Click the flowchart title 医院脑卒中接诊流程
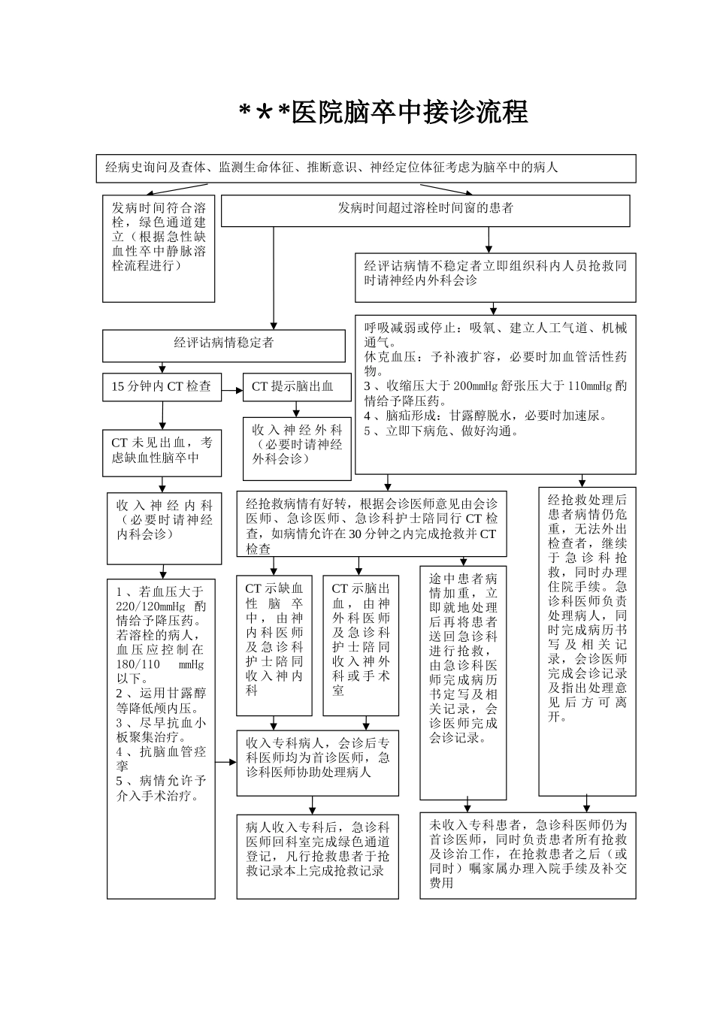tap(383, 113)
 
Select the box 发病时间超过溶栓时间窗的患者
tap(425, 210)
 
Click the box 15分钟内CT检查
tap(162, 387)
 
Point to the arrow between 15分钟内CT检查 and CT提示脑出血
tap(232, 389)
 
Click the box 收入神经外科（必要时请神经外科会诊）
tap(297, 448)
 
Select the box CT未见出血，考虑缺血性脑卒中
tap(162, 452)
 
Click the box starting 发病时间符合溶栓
tap(159, 247)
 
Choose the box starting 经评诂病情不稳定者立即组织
tap(495, 275)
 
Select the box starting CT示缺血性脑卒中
tap(274, 644)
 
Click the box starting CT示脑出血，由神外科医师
tap(361, 644)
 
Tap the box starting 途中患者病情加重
tap(463, 681)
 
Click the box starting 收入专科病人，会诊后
tap(317, 762)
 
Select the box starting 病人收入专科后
tap(317, 855)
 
